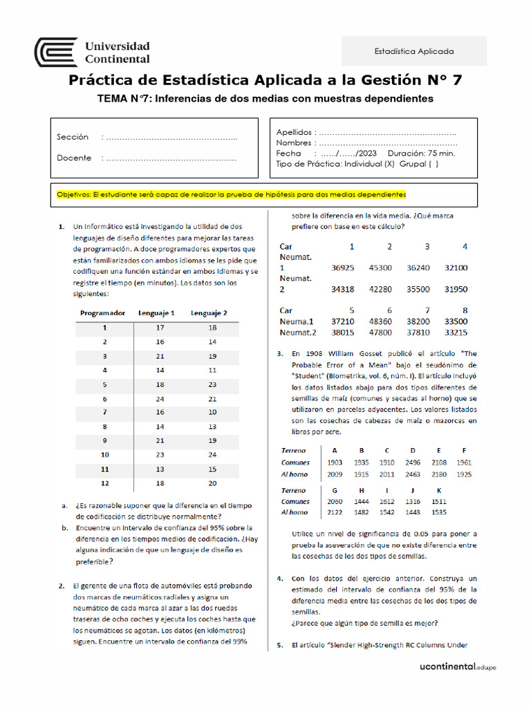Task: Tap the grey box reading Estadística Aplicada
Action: (414, 51)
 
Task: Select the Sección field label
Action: (73, 137)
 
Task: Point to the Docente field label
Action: (74, 158)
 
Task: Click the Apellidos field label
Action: (296, 132)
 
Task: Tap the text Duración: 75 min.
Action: (421, 153)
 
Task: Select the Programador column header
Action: (102, 313)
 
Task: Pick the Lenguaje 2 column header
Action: (209, 313)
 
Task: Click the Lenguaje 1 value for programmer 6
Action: (160, 399)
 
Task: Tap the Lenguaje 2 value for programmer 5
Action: (212, 384)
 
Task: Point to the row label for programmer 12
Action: (104, 483)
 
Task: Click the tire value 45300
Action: (380, 267)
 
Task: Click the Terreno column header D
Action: (412, 450)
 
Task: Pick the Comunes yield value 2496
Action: (412, 462)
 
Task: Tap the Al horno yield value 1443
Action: (412, 512)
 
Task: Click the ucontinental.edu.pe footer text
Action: (458, 667)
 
